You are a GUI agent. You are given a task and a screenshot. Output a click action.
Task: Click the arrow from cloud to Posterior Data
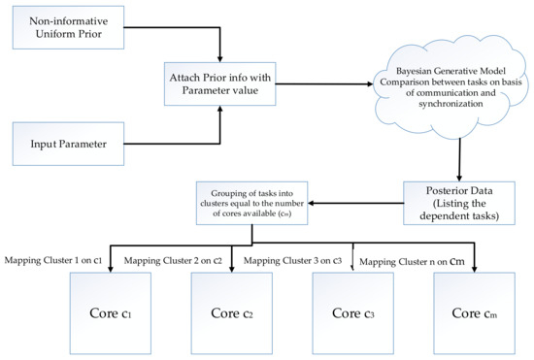(453, 155)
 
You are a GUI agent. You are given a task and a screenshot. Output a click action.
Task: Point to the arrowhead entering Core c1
(111, 268)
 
